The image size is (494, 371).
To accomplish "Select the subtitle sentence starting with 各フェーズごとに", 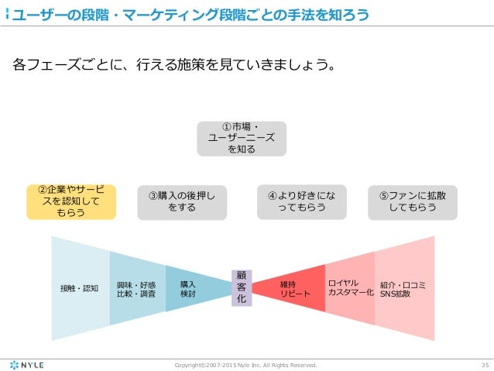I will click(x=175, y=64).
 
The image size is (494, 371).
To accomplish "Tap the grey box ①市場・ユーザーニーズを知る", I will click(x=242, y=138).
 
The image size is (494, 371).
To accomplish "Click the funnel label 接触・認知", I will click(x=79, y=288).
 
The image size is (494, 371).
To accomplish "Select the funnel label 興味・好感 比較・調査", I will click(x=136, y=289).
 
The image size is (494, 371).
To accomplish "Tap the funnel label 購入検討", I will click(x=187, y=289).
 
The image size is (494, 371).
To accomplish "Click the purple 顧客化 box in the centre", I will click(x=241, y=287).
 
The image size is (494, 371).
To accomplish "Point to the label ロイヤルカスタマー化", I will click(x=351, y=287).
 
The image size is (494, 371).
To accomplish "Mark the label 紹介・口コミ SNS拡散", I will click(x=403, y=289).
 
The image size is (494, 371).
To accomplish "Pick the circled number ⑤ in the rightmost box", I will click(x=385, y=195).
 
